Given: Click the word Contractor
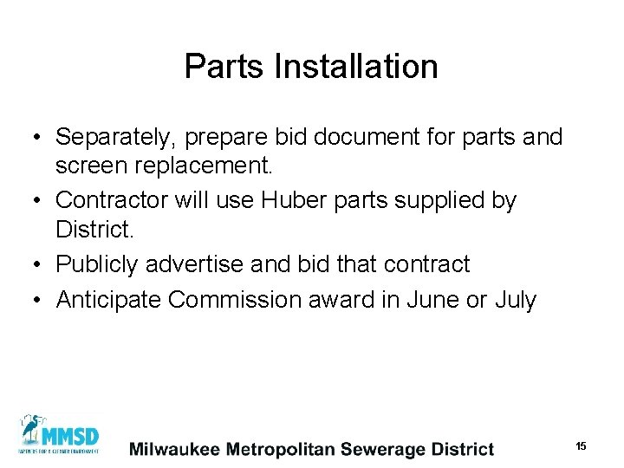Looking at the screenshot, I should (114, 200).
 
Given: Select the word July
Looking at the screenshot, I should (515, 300).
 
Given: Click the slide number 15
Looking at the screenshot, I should (581, 445).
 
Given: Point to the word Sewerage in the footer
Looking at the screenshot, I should (381, 449).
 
